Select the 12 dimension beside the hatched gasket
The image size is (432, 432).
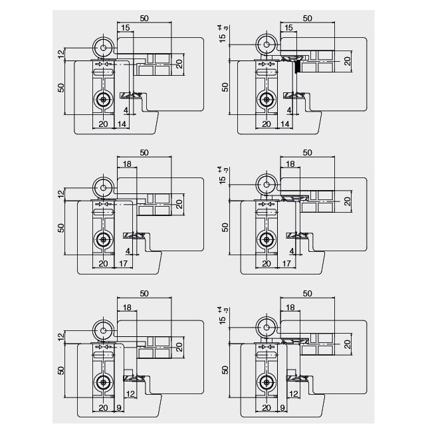(129, 394)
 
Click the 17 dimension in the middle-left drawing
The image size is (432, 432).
(122, 263)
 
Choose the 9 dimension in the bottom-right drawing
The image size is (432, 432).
(282, 409)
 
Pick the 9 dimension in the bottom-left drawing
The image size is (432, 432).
(119, 409)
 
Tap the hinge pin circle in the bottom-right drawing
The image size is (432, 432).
(266, 327)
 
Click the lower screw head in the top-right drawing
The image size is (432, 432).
(266, 99)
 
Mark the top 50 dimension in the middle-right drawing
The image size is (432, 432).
(307, 152)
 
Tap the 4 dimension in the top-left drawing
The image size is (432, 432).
(126, 110)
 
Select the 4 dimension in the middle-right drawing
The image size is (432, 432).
(291, 251)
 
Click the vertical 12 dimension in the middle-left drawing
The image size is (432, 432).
(61, 194)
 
